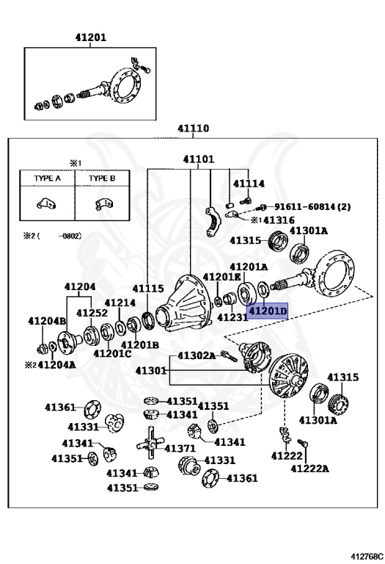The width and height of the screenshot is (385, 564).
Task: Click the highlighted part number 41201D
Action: [267, 311]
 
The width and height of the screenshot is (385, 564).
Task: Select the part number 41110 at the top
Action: [193, 129]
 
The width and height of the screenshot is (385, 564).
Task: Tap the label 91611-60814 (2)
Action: [312, 207]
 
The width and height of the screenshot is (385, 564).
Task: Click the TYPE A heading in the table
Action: [48, 178]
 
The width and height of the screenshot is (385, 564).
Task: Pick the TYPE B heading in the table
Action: [102, 178]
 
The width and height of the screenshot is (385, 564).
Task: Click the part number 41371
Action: [180, 449]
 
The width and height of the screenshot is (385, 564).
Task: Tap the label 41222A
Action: [309, 469]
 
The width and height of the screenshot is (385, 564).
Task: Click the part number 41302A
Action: [197, 355]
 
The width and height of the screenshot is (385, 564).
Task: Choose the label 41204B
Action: [47, 321]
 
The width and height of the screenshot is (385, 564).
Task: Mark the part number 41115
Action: [148, 289]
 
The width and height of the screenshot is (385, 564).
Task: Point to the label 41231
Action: [232, 317]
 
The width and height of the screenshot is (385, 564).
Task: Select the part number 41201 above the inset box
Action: [90, 37]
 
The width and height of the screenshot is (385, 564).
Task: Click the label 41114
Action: [249, 184]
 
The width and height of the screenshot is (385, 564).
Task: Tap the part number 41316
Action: [279, 220]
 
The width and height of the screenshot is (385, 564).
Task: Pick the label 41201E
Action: [222, 277]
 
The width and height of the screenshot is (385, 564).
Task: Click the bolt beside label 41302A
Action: [229, 356]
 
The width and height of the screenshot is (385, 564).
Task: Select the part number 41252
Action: [92, 313]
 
